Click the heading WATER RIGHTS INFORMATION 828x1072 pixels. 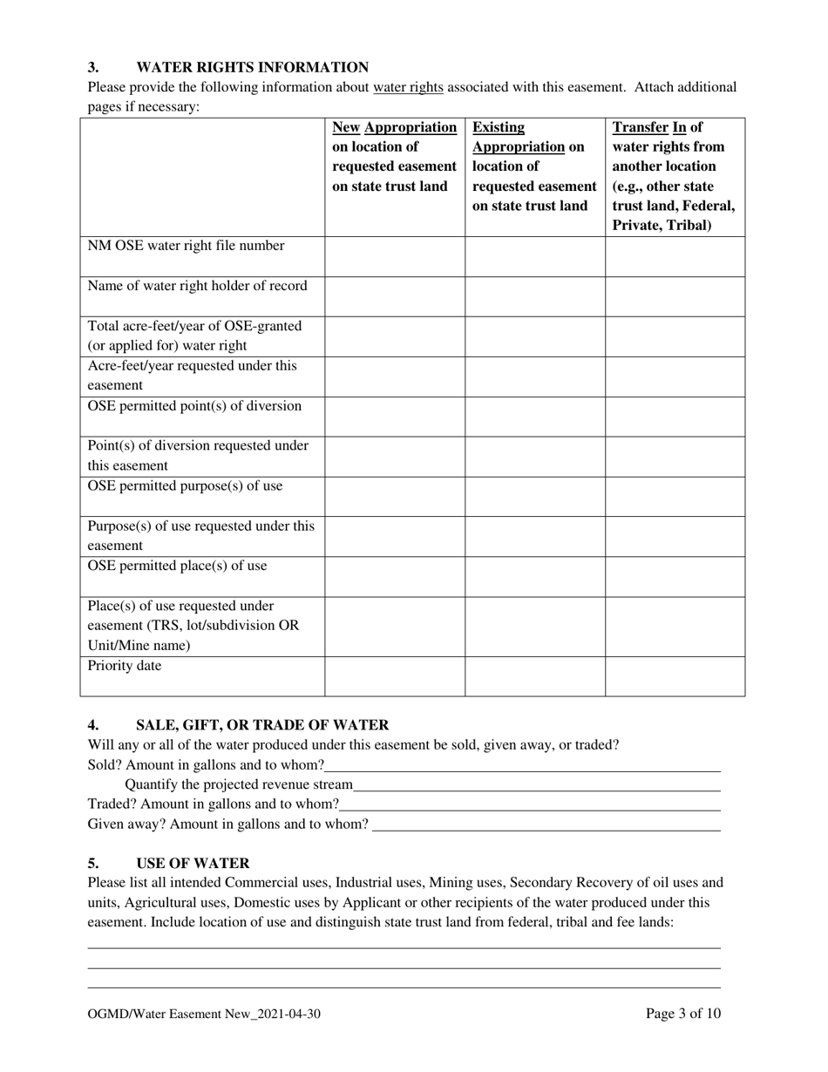[252, 67]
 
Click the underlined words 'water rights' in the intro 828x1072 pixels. [408, 87]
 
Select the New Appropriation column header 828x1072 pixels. [395, 156]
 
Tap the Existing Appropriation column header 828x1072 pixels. [534, 166]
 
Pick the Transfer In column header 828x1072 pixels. [674, 175]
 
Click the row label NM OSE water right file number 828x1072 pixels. [187, 246]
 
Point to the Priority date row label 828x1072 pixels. [125, 667]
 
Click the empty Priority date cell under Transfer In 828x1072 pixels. [675, 676]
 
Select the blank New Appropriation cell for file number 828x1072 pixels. [395, 256]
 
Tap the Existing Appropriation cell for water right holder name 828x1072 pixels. [534, 296]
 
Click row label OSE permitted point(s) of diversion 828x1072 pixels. [195, 406]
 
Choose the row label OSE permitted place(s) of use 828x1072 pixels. [178, 567]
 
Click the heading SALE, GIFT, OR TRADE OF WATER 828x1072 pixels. [262, 725]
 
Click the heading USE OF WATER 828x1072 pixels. [193, 864]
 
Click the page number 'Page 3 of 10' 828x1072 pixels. [682, 1014]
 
